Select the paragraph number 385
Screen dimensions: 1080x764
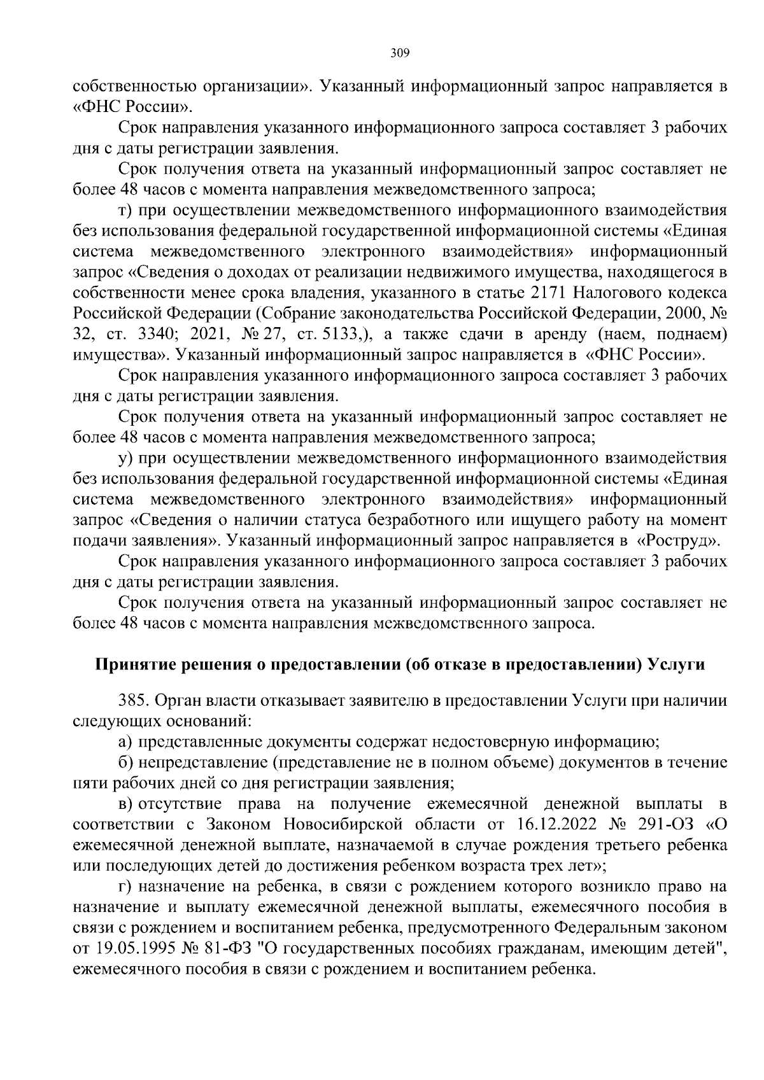[x=134, y=701]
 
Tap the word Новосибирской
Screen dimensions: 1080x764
[x=343, y=825]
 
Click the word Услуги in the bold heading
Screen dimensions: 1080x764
[x=676, y=664]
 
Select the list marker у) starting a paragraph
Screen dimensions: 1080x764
[x=125, y=459]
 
